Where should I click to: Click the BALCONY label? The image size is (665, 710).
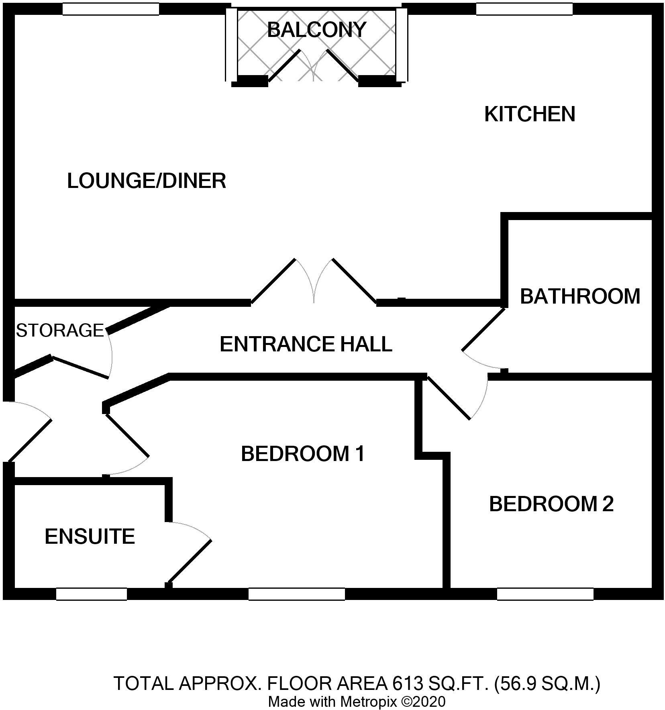point(316,30)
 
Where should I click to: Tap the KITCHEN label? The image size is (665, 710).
point(529,114)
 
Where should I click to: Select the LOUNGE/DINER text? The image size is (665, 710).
point(146,181)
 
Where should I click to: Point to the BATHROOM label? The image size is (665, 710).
point(579,296)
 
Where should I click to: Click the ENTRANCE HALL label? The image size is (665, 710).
point(306,344)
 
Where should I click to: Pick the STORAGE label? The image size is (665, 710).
point(60,330)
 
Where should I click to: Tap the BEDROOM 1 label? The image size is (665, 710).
point(302,454)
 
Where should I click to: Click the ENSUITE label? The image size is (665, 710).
point(90,536)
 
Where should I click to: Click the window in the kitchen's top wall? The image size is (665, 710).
point(524,9)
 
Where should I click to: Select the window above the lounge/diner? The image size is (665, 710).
point(111,9)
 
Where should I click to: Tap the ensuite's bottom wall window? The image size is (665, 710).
point(92,594)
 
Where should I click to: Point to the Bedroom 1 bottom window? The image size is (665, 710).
point(296,594)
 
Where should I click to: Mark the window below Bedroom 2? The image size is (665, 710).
point(545,594)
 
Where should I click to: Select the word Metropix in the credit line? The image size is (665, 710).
point(369,702)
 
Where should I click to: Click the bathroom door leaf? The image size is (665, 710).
point(483,330)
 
